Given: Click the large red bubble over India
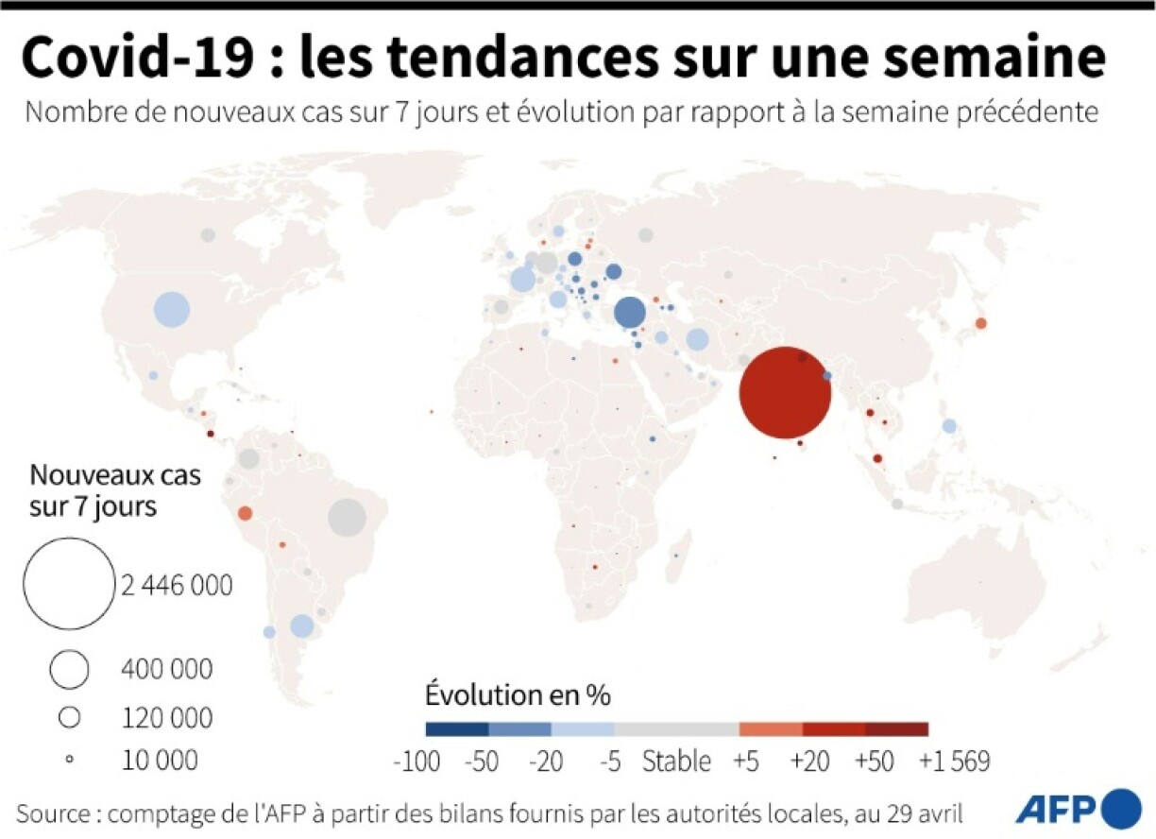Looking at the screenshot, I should tap(785, 393).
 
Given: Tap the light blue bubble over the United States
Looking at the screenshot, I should tap(172, 309).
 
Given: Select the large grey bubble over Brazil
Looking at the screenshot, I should tap(347, 517).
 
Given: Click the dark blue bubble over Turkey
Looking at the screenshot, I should tap(630, 313).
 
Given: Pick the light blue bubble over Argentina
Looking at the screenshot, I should tap(301, 625).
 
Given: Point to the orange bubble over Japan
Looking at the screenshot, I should tap(980, 323).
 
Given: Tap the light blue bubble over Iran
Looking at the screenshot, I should tap(697, 339).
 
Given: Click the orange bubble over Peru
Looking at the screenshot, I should tap(245, 513).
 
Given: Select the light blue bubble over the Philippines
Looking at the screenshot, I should tap(948, 426).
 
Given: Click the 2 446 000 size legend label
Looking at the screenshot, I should tap(177, 586).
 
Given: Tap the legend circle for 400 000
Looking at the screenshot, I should tap(70, 670).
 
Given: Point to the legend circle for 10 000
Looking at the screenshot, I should tap(69, 759).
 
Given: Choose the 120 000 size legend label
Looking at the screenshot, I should tap(167, 718).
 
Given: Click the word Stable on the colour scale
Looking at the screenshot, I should tap(676, 761).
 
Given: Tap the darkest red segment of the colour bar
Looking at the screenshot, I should tap(896, 728).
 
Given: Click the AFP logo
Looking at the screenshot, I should tap(1077, 807).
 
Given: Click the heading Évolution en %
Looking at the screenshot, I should tap(518, 695).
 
